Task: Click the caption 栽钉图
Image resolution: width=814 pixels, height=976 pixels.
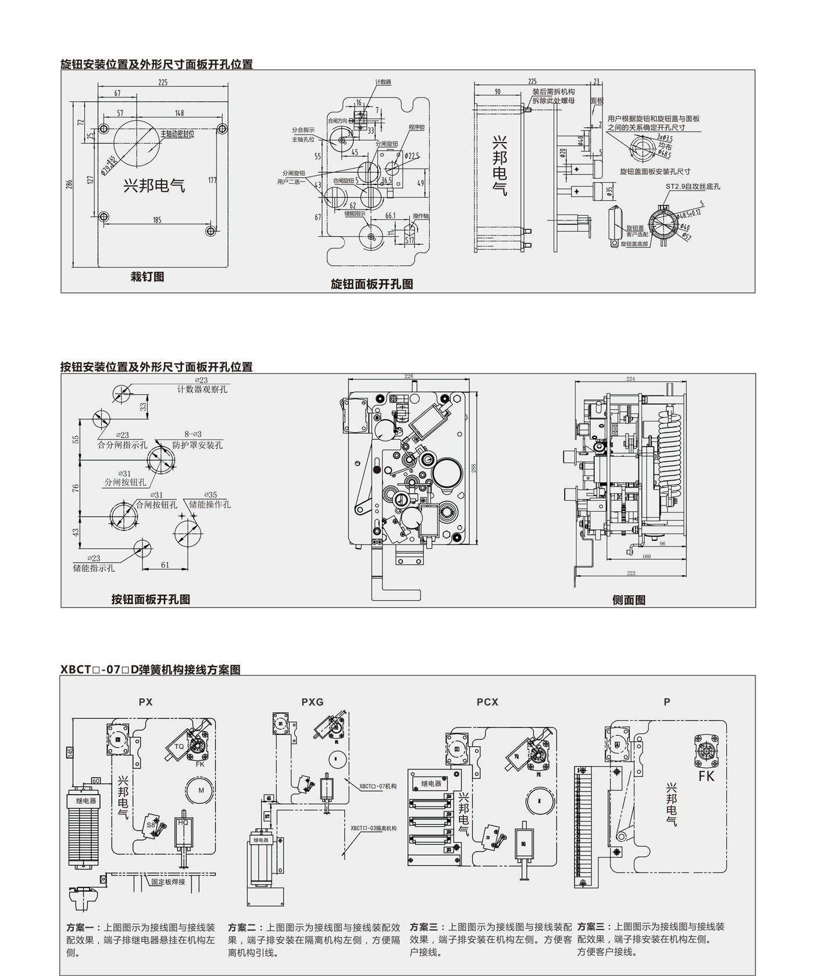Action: (x=147, y=277)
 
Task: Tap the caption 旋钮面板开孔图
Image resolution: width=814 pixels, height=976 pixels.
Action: (x=372, y=284)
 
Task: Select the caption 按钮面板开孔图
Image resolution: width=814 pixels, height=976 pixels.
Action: (x=151, y=599)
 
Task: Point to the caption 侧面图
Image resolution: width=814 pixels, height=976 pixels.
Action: (x=629, y=600)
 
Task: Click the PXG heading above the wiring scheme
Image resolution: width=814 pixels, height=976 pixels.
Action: (x=312, y=702)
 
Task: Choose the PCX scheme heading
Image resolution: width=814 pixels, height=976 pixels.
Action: (x=487, y=702)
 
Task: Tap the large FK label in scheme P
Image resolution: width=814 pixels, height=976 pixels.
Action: (x=706, y=776)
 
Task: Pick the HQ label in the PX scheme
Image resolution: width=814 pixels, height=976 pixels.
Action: (x=183, y=822)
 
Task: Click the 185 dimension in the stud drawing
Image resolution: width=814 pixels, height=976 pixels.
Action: (x=157, y=220)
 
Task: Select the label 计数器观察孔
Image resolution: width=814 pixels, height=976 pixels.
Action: (x=202, y=389)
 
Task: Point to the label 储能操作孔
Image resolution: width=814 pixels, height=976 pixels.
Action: (x=210, y=504)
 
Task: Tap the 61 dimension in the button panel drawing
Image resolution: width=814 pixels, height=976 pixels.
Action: (x=165, y=565)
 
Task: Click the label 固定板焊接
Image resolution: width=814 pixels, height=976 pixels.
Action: (x=168, y=882)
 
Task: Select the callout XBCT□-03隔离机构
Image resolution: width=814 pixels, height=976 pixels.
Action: (x=373, y=828)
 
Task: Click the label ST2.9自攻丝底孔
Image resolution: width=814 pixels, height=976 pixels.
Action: (x=692, y=187)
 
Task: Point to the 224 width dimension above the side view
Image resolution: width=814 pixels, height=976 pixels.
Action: (x=630, y=379)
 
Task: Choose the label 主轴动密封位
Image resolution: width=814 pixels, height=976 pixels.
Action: (x=177, y=134)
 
